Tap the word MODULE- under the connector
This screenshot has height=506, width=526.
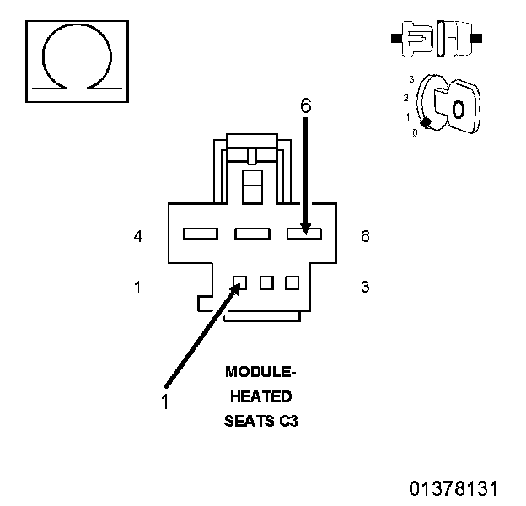pos(260,371)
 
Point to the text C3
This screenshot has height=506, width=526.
pos(288,421)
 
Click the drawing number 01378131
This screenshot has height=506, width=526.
pos(454,488)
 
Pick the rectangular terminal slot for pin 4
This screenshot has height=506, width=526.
pos(201,233)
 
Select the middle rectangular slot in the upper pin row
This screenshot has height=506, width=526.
pos(251,233)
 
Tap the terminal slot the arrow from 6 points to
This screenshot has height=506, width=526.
pos(304,233)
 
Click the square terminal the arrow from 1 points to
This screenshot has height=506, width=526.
pos(240,283)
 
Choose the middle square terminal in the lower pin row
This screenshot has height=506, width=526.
pos(266,283)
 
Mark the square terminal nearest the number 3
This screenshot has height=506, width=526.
pos(292,283)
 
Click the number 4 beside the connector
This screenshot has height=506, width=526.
pos(137,237)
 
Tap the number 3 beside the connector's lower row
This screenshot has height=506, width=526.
pos(365,287)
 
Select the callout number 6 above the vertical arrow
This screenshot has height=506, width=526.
pos(306,105)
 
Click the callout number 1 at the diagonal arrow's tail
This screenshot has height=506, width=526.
pos(165,402)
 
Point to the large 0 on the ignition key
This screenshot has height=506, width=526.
pos(457,110)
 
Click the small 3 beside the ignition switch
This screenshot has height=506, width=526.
pos(411,78)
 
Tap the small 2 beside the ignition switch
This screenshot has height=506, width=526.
pos(405,98)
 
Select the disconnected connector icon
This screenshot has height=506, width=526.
pos(435,39)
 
